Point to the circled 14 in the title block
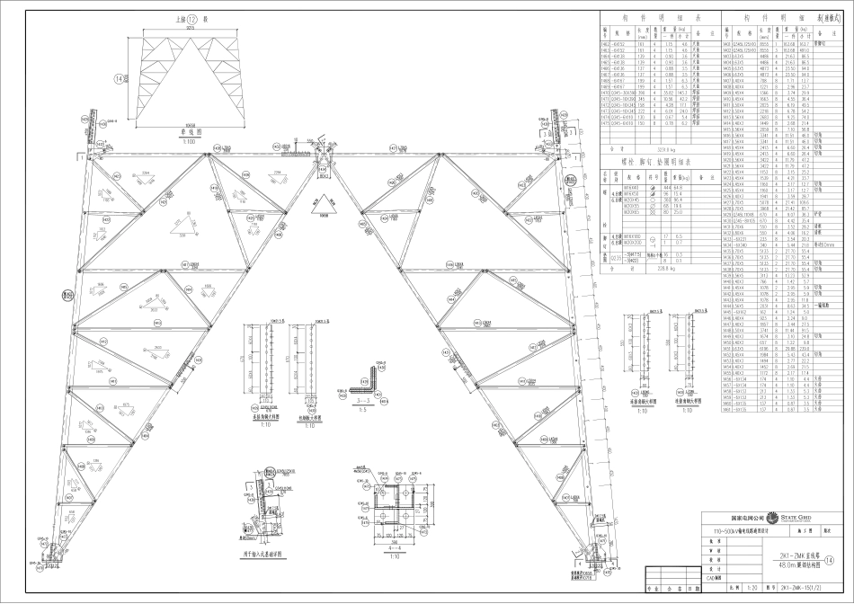point(841,560)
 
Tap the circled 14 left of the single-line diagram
point(144,78)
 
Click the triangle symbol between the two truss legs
point(321,203)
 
